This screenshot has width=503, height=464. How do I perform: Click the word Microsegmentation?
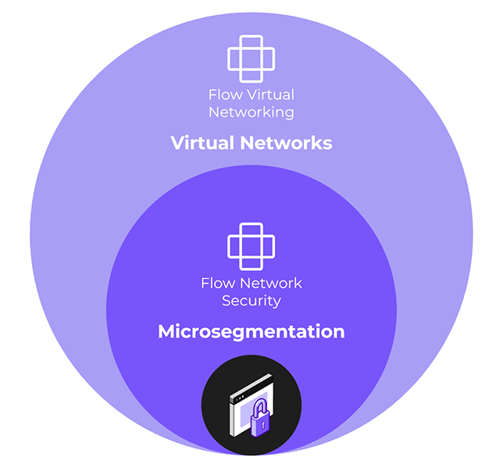click(251, 331)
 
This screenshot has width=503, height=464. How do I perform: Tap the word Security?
click(251, 301)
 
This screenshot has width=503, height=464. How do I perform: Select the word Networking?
click(251, 112)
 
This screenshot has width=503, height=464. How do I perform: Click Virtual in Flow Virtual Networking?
click(267, 95)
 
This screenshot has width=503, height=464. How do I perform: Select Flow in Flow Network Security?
click(216, 283)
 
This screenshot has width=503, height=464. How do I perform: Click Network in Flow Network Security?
click(267, 283)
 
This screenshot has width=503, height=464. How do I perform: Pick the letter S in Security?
click(226, 301)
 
